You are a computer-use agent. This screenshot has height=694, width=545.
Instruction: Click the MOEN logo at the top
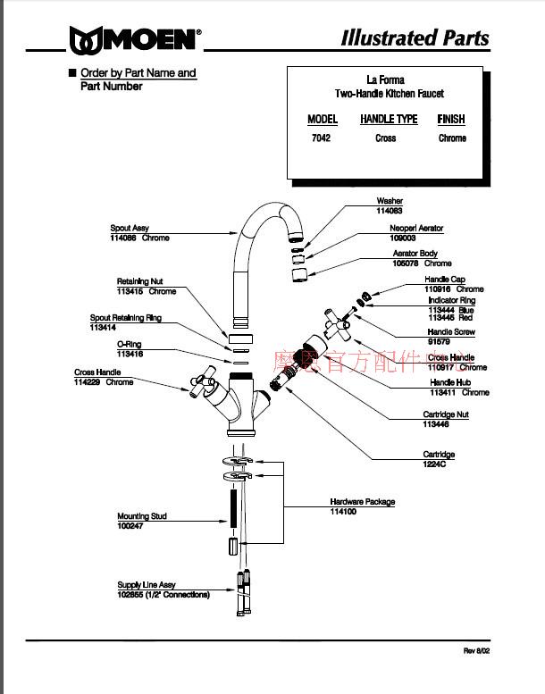[x=135, y=39]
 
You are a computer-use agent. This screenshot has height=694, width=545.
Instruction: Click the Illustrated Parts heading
[x=415, y=38]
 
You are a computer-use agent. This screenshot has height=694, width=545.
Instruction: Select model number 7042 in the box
[x=321, y=138]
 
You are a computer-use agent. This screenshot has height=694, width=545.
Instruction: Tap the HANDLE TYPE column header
[x=389, y=119]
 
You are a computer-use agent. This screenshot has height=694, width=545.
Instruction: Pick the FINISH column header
[x=451, y=119]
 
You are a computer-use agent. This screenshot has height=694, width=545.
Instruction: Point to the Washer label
[x=390, y=201]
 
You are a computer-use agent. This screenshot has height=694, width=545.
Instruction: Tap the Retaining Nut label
[x=139, y=281]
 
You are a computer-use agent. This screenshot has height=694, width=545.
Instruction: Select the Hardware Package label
[x=362, y=502]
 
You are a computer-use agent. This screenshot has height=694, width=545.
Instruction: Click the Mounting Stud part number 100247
[x=132, y=526]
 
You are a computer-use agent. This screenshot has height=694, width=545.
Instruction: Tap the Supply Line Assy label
[x=147, y=585]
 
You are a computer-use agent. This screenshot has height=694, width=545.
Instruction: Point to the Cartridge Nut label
[x=445, y=414]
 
